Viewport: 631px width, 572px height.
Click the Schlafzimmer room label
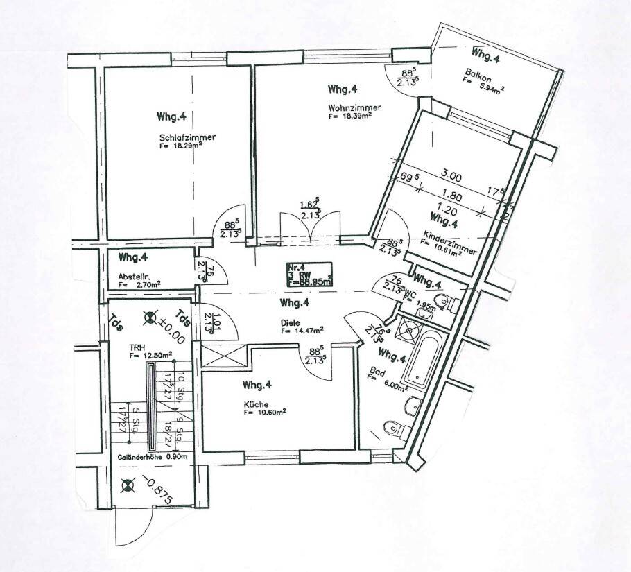click(x=187, y=137)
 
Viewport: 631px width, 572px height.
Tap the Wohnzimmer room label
click(x=349, y=107)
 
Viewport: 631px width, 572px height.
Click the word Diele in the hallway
click(x=291, y=322)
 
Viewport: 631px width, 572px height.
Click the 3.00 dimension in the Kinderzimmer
click(x=452, y=177)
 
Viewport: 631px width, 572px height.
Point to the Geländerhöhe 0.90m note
click(x=148, y=458)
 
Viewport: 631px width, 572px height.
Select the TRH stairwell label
click(x=136, y=347)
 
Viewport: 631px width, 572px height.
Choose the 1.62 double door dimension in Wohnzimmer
click(x=309, y=206)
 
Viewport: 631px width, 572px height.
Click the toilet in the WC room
click(x=450, y=303)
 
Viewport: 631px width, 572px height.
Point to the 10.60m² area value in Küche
click(x=269, y=413)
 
